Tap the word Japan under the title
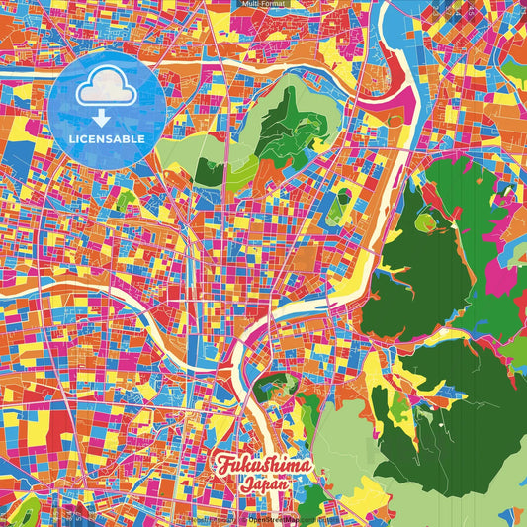(x=262, y=485)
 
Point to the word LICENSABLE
(x=107, y=139)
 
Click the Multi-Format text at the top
(x=263, y=4)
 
